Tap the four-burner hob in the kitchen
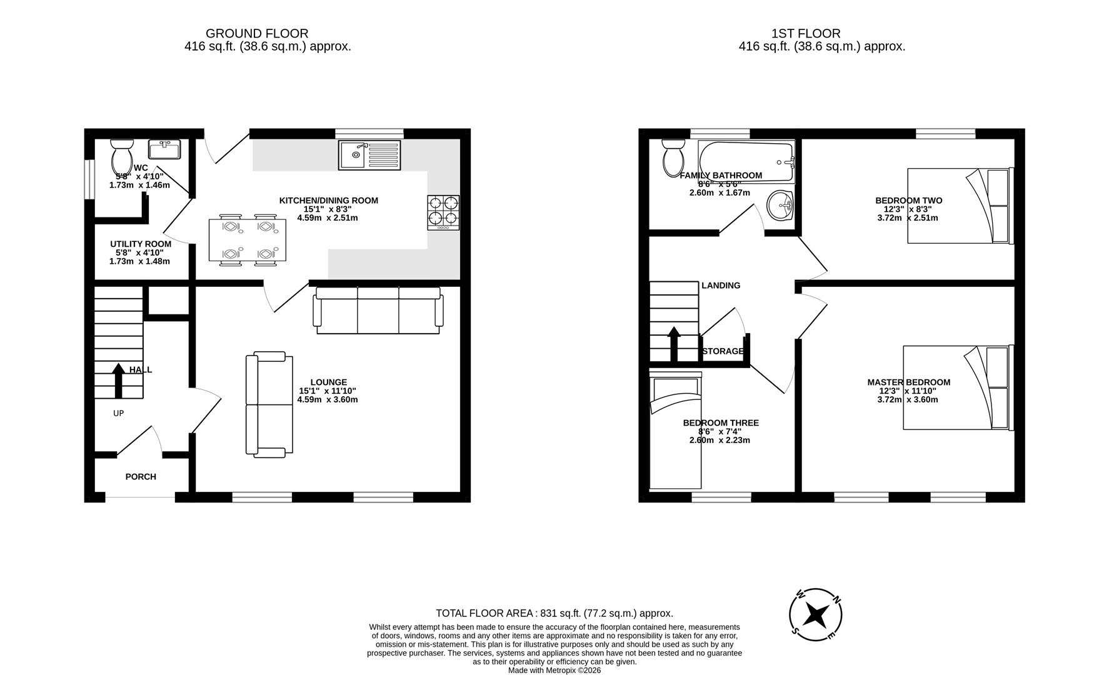(443, 212)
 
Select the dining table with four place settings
(248, 239)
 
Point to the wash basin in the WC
(164, 149)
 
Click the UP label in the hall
(118, 413)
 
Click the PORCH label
(141, 477)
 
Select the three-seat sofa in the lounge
(379, 310)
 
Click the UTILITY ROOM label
(141, 244)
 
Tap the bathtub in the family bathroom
(746, 161)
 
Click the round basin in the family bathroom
(779, 206)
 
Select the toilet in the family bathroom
(673, 157)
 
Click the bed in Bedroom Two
(959, 206)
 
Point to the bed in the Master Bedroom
(956, 387)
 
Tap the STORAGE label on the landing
(723, 351)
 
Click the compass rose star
(815, 615)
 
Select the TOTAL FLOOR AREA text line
(554, 613)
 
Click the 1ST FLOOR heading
(806, 34)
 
